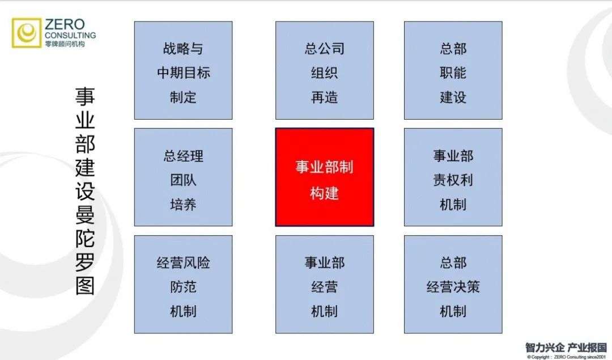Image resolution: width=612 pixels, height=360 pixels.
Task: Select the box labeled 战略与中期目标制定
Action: (183, 70)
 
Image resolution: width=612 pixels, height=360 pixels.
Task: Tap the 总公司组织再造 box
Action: (324, 70)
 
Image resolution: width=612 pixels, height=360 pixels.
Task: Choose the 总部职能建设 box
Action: (453, 70)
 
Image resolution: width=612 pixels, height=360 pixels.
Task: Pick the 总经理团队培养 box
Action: (183, 177)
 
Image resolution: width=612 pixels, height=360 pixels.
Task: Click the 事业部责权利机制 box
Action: (453, 177)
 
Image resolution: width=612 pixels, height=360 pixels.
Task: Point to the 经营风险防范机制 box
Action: (183, 284)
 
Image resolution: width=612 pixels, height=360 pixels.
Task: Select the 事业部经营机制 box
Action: (324, 284)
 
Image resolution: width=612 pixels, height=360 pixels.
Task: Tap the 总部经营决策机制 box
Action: (453, 284)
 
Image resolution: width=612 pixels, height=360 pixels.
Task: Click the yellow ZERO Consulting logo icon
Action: (27, 33)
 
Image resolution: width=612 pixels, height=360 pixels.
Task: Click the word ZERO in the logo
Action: (64, 24)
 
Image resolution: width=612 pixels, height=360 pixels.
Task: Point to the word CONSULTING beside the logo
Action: (70, 35)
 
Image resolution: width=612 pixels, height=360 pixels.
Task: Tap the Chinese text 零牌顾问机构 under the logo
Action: (65, 44)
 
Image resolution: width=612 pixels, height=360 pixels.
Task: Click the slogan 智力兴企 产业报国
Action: (566, 347)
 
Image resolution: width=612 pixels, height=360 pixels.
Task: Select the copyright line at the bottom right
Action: (566, 357)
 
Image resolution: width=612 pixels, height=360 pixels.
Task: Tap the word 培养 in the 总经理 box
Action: (183, 204)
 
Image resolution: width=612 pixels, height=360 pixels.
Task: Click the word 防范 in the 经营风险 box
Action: (183, 287)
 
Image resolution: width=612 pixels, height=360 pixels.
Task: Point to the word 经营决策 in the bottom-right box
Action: (453, 287)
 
